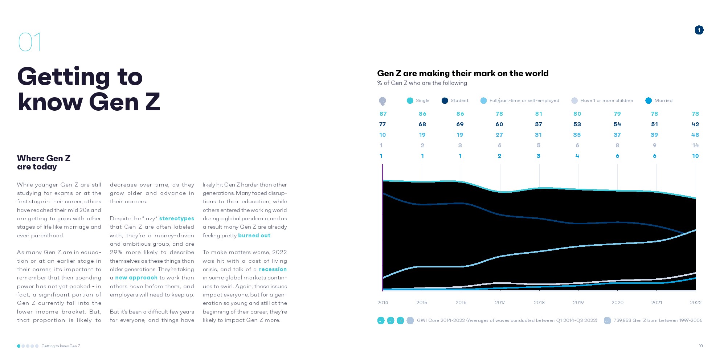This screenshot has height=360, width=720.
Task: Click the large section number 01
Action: (30, 42)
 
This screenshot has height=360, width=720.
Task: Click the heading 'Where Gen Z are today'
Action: (44, 163)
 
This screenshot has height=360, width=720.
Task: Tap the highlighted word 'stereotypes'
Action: (176, 218)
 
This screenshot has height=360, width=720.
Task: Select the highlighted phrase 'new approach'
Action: (136, 278)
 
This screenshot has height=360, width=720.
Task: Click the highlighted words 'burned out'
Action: (254, 236)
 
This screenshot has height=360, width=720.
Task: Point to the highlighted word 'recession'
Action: (273, 269)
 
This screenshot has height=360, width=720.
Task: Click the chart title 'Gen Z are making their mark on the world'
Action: (463, 73)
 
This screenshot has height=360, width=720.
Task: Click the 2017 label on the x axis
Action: (500, 302)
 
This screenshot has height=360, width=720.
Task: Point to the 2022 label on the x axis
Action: (695, 302)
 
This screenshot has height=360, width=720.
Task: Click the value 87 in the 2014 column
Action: (383, 114)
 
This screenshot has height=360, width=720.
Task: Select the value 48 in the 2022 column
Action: (695, 135)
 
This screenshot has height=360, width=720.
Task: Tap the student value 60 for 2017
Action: (499, 124)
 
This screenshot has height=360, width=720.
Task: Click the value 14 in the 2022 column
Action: (695, 146)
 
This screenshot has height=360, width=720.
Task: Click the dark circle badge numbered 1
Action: (699, 30)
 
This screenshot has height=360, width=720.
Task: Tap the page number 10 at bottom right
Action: (701, 346)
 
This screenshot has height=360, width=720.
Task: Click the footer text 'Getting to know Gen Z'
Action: (61, 346)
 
